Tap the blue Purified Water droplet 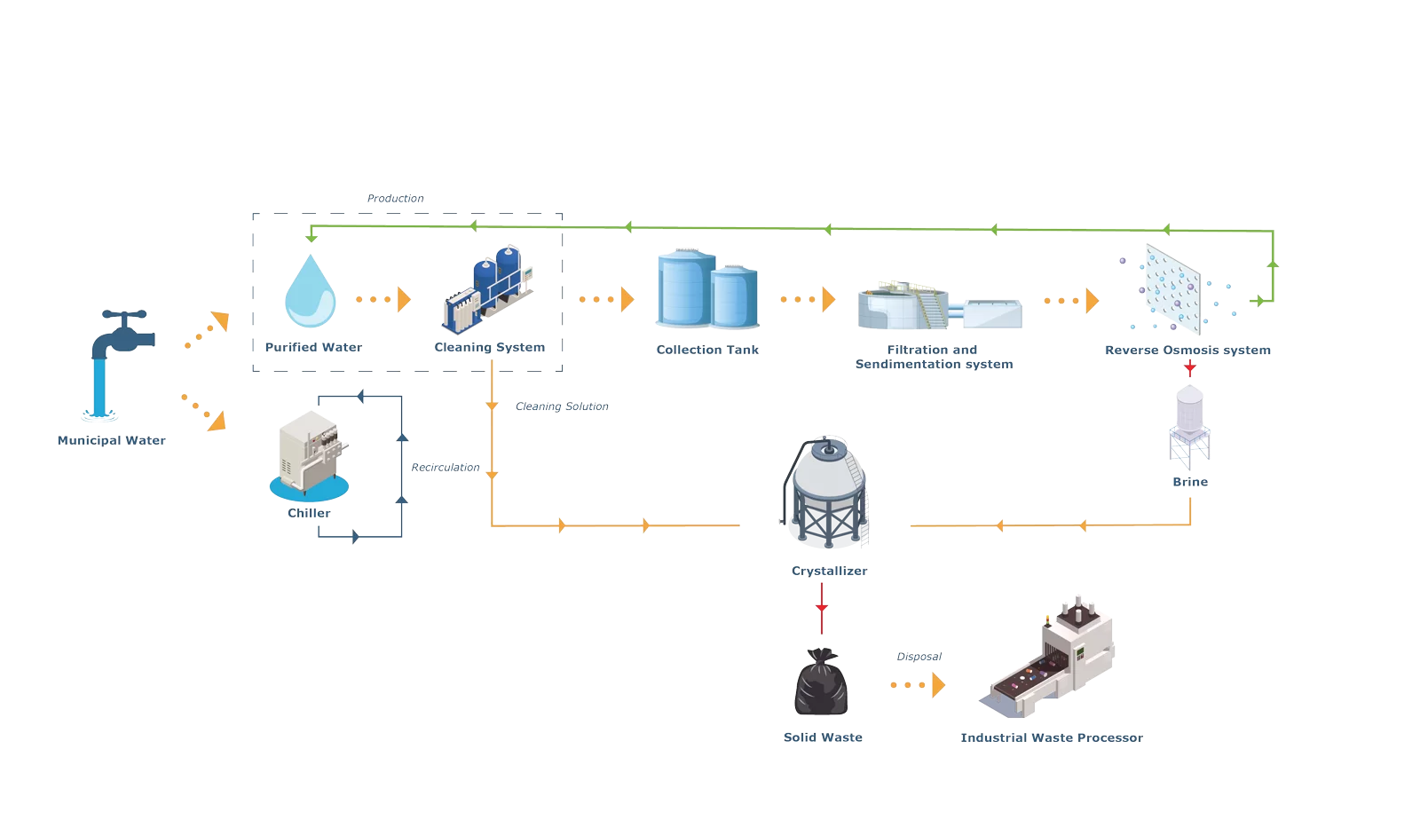pos(310,292)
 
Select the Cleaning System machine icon pos(489,289)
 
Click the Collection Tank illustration pos(707,289)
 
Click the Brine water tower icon pos(1189,426)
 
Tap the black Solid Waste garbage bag pos(821,682)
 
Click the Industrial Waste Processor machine pos(1051,658)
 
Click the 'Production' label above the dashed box pos(395,199)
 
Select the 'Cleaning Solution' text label pos(562,406)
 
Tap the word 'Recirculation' pos(445,468)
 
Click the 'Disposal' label pos(919,657)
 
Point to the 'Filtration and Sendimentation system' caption pos(934,357)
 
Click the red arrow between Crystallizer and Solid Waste pos(822,608)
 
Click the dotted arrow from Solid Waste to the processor pos(918,685)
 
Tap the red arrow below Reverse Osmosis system pos(1189,367)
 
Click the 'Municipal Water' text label pos(111,440)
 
